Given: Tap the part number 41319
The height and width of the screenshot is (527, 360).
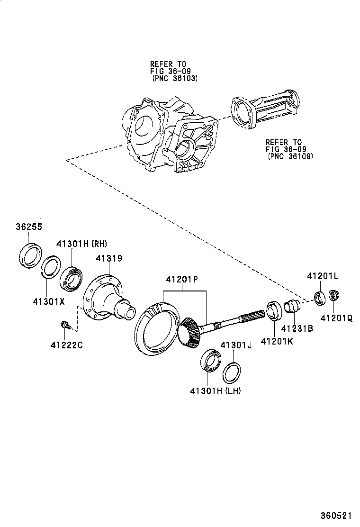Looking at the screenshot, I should tap(109, 258).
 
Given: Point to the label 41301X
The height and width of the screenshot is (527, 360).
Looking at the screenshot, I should tap(48, 300).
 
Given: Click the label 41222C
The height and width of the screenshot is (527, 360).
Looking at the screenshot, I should tap(67, 345).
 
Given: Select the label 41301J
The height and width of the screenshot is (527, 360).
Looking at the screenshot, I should tap(235, 345).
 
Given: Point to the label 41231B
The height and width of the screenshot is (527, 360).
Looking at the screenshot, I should tap(297, 328).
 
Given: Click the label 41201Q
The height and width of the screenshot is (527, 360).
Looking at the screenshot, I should tap(336, 319).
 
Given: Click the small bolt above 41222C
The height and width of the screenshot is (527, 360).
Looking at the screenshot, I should tap(64, 325).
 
